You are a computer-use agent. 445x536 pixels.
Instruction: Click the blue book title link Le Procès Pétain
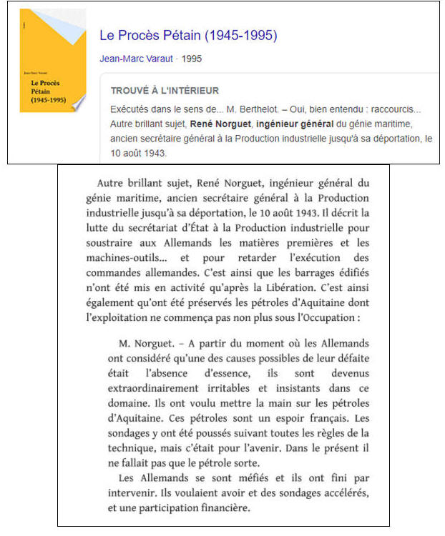click(x=188, y=35)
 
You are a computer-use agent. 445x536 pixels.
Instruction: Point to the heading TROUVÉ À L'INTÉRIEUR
click(x=165, y=91)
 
